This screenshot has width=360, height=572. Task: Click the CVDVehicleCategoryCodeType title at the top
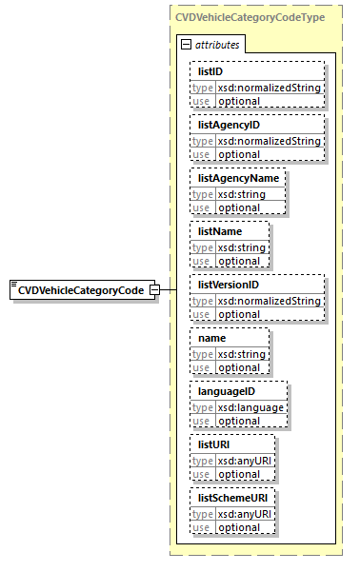click(x=254, y=17)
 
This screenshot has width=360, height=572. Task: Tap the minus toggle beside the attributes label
click(x=186, y=45)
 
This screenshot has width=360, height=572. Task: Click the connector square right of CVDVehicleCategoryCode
click(x=167, y=290)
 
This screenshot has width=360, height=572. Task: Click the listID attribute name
click(x=212, y=71)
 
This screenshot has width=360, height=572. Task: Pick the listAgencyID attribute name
click(x=229, y=125)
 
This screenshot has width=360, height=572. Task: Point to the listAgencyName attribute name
click(x=236, y=178)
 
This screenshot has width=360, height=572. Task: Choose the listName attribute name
click(x=220, y=231)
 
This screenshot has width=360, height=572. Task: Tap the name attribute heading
click(x=212, y=338)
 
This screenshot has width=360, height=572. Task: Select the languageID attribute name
click(x=227, y=391)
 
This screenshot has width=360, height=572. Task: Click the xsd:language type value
click(x=250, y=407)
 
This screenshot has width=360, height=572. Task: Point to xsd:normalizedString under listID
click(x=269, y=88)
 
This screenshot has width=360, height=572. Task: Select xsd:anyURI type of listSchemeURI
click(x=246, y=514)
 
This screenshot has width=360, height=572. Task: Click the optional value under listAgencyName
click(x=239, y=207)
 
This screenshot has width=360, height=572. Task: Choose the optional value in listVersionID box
click(x=239, y=314)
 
